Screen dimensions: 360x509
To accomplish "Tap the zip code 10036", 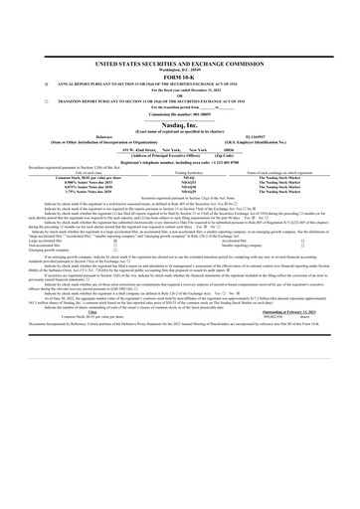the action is click(226, 129).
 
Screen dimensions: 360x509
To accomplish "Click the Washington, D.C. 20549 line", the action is click(180, 44).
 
